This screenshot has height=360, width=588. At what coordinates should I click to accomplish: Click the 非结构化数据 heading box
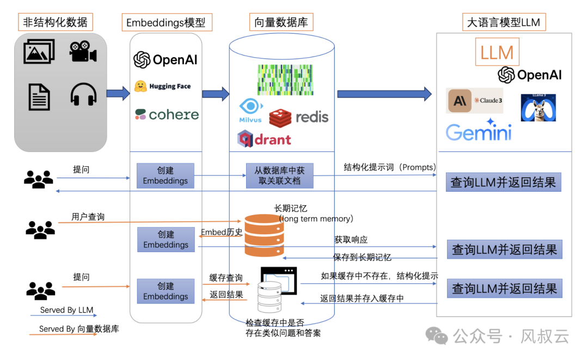(x=55, y=22)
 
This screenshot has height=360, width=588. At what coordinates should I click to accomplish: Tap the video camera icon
(x=83, y=51)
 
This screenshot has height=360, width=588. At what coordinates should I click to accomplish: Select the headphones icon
(x=83, y=95)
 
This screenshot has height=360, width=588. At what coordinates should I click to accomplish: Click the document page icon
(x=39, y=97)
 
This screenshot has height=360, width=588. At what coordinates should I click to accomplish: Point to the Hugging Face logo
(x=162, y=86)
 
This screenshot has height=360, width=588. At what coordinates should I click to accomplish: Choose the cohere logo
(x=167, y=114)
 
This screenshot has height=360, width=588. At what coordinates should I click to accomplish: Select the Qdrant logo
(x=265, y=139)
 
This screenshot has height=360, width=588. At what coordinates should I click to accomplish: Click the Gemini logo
(x=479, y=131)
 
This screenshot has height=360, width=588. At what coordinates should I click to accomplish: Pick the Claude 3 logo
(x=474, y=101)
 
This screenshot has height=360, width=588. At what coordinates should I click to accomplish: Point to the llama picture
(x=538, y=107)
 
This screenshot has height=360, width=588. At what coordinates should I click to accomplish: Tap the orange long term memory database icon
(x=264, y=235)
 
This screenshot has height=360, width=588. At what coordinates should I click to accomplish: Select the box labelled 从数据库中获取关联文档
(x=279, y=175)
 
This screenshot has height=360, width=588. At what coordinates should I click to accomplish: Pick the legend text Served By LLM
(x=66, y=310)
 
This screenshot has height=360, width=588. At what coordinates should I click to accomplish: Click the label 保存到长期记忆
(x=362, y=257)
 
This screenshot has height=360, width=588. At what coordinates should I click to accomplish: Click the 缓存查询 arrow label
(x=226, y=278)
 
